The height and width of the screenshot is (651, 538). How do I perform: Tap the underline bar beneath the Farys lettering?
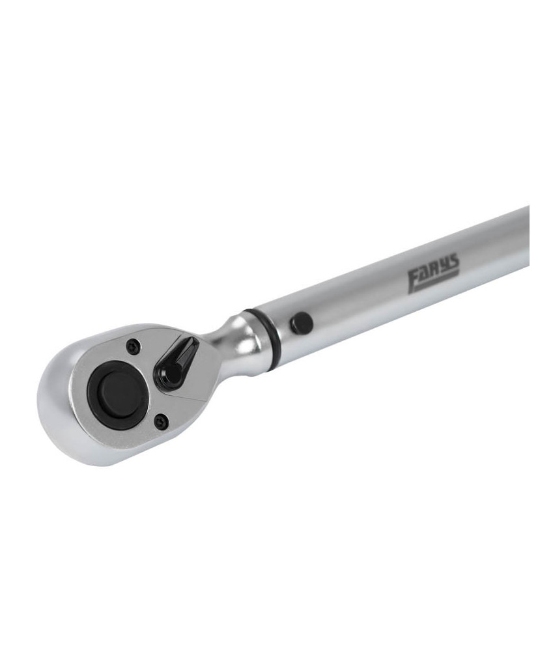[x=434, y=284]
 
